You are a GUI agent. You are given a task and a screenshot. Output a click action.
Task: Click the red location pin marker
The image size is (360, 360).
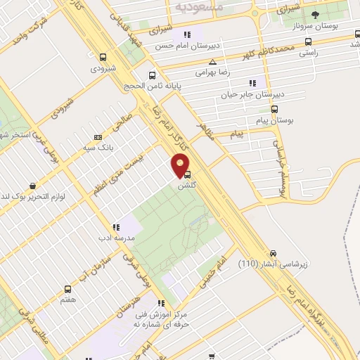(x=181, y=166)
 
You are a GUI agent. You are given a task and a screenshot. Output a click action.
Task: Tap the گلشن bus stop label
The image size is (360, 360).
(x=186, y=186)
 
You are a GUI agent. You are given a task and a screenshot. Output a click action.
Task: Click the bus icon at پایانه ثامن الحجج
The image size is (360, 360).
(x=153, y=75)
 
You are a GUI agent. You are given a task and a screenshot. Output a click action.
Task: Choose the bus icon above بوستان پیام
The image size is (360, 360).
(x=275, y=110)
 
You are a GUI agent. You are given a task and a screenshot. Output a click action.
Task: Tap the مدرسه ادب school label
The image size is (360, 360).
(x=115, y=238)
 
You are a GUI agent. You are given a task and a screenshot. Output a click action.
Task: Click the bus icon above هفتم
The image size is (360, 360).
(x=67, y=289)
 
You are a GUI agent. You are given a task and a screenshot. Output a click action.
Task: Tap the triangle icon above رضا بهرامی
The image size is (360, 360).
(x=202, y=63)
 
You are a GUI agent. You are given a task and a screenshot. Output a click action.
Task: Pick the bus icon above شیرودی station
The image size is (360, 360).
(x=103, y=58)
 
